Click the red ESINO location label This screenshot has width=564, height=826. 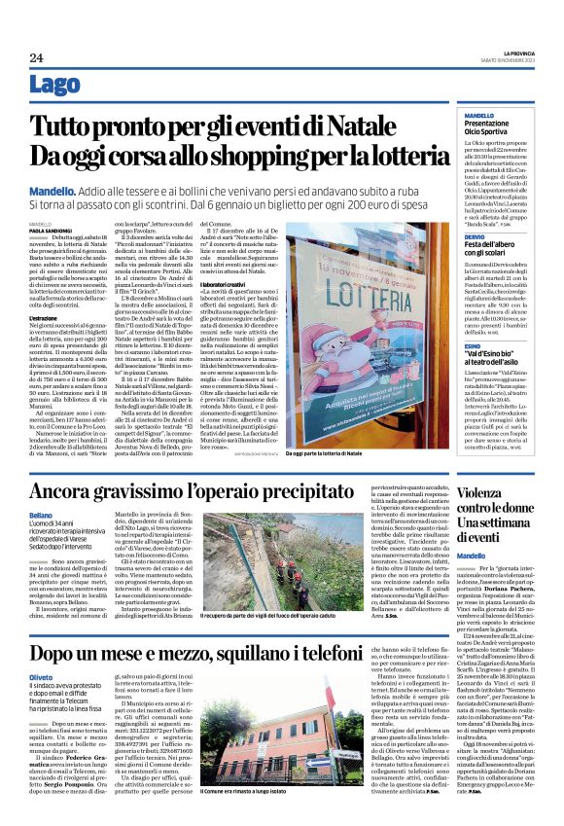pos(445,317)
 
